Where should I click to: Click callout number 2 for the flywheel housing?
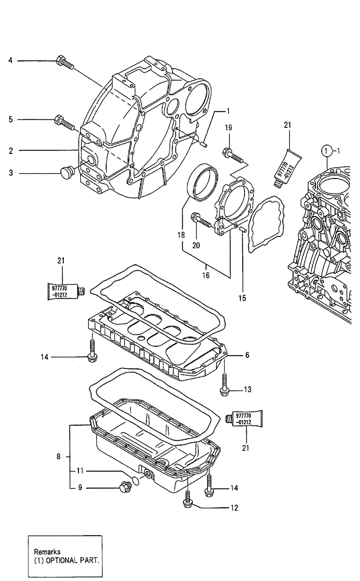[x=10, y=150]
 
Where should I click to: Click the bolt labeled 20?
[x=200, y=220]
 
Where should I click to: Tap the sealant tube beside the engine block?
[x=287, y=166]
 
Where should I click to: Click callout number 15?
[x=242, y=298]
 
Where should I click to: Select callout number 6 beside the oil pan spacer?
[x=247, y=354]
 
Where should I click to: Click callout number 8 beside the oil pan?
[x=59, y=457]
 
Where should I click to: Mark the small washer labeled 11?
[x=135, y=480]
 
